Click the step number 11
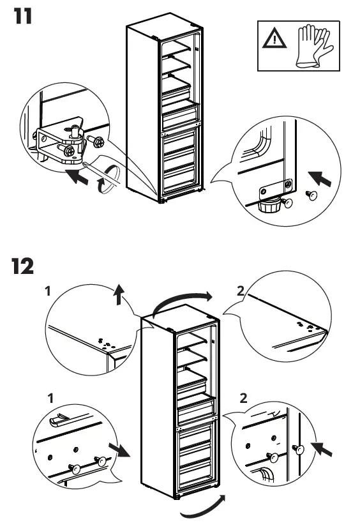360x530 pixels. (x=23, y=16)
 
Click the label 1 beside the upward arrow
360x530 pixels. (x=49, y=291)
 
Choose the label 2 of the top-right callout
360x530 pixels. (x=240, y=291)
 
